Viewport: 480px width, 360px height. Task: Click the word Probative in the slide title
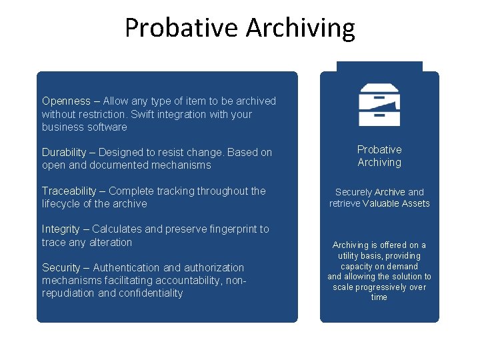(181, 28)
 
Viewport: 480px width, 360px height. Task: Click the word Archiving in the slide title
(300, 28)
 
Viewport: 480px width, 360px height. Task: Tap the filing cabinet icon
(379, 105)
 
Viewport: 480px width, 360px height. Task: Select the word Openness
(66, 101)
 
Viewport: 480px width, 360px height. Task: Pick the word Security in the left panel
(61, 268)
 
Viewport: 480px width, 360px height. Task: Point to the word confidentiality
(150, 293)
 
